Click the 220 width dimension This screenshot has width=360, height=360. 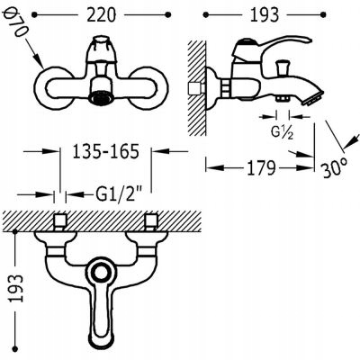101,14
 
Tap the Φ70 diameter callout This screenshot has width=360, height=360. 15,23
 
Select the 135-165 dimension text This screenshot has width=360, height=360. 106,151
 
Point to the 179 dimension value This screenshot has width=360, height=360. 261,168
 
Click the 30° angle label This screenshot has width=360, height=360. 335,169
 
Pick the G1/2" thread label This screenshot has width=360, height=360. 119,195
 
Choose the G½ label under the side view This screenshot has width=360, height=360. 283,133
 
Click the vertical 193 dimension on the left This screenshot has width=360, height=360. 16,288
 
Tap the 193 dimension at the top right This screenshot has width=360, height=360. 265,14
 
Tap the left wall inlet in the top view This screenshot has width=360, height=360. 59,222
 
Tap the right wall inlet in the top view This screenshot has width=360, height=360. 151,222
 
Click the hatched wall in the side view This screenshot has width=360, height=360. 197,87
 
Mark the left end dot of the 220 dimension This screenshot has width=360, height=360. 35,14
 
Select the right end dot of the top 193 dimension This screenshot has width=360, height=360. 323,14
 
